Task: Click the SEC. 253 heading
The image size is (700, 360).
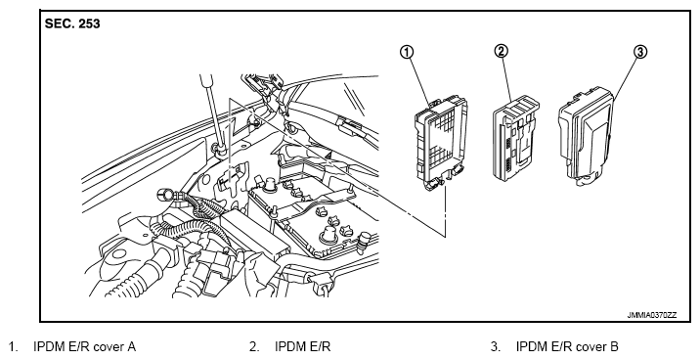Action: pos(72,23)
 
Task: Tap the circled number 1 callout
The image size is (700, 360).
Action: pos(407,52)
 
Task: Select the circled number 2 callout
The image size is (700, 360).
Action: pos(501,51)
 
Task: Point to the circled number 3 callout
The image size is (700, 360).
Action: pos(640,52)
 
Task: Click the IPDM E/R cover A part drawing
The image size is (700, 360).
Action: pos(441,144)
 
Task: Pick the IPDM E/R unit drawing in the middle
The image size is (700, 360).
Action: pos(516,140)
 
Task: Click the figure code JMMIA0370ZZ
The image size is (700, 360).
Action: pos(652,315)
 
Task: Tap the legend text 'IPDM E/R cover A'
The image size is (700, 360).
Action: pos(85,346)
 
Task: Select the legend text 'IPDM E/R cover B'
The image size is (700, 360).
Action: pos(567,346)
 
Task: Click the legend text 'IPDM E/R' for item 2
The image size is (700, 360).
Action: pos(303,346)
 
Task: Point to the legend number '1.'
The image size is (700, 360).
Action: pos(14,346)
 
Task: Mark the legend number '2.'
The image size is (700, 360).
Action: pos(254,346)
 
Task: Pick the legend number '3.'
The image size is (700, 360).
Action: pos(496,346)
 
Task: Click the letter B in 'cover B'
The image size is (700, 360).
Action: pos(614,346)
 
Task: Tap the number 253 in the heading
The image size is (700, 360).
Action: pos(89,23)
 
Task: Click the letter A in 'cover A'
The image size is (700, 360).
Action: pos(131,346)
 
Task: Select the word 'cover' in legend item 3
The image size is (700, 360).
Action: pos(591,347)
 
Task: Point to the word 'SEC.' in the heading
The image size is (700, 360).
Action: pos(60,23)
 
